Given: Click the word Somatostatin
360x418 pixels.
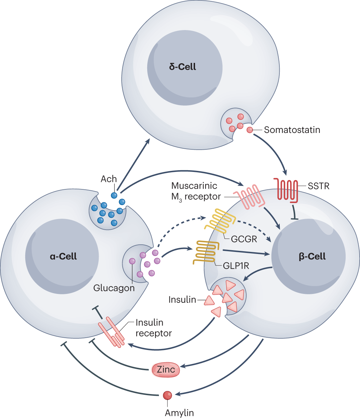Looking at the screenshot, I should [292, 130].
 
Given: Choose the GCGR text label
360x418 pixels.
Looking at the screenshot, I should [244, 239].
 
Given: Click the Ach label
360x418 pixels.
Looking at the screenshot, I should [109, 179].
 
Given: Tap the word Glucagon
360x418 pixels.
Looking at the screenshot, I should [114, 288].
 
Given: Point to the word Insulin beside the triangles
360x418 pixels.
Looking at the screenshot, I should [182, 300].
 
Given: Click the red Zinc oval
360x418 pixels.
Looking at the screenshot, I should [166, 369].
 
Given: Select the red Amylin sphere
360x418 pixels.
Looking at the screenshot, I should [167, 395].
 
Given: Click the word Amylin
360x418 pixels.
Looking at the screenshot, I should [179, 413].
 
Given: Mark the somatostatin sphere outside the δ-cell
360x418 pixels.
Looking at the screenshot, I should [250, 130].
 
